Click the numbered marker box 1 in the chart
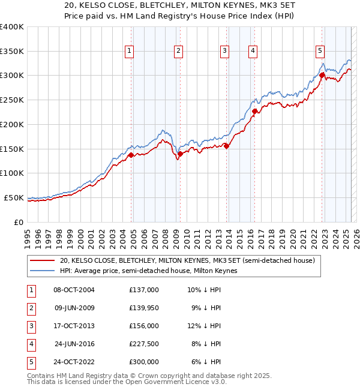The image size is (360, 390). point(130,51)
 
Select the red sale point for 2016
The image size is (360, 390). point(254,111)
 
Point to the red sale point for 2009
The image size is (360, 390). point(179,154)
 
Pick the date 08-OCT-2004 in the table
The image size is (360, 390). point(74,289)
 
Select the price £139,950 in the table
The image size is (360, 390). point(144,307)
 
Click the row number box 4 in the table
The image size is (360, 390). point(30,344)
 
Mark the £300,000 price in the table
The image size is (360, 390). point(144,362)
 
